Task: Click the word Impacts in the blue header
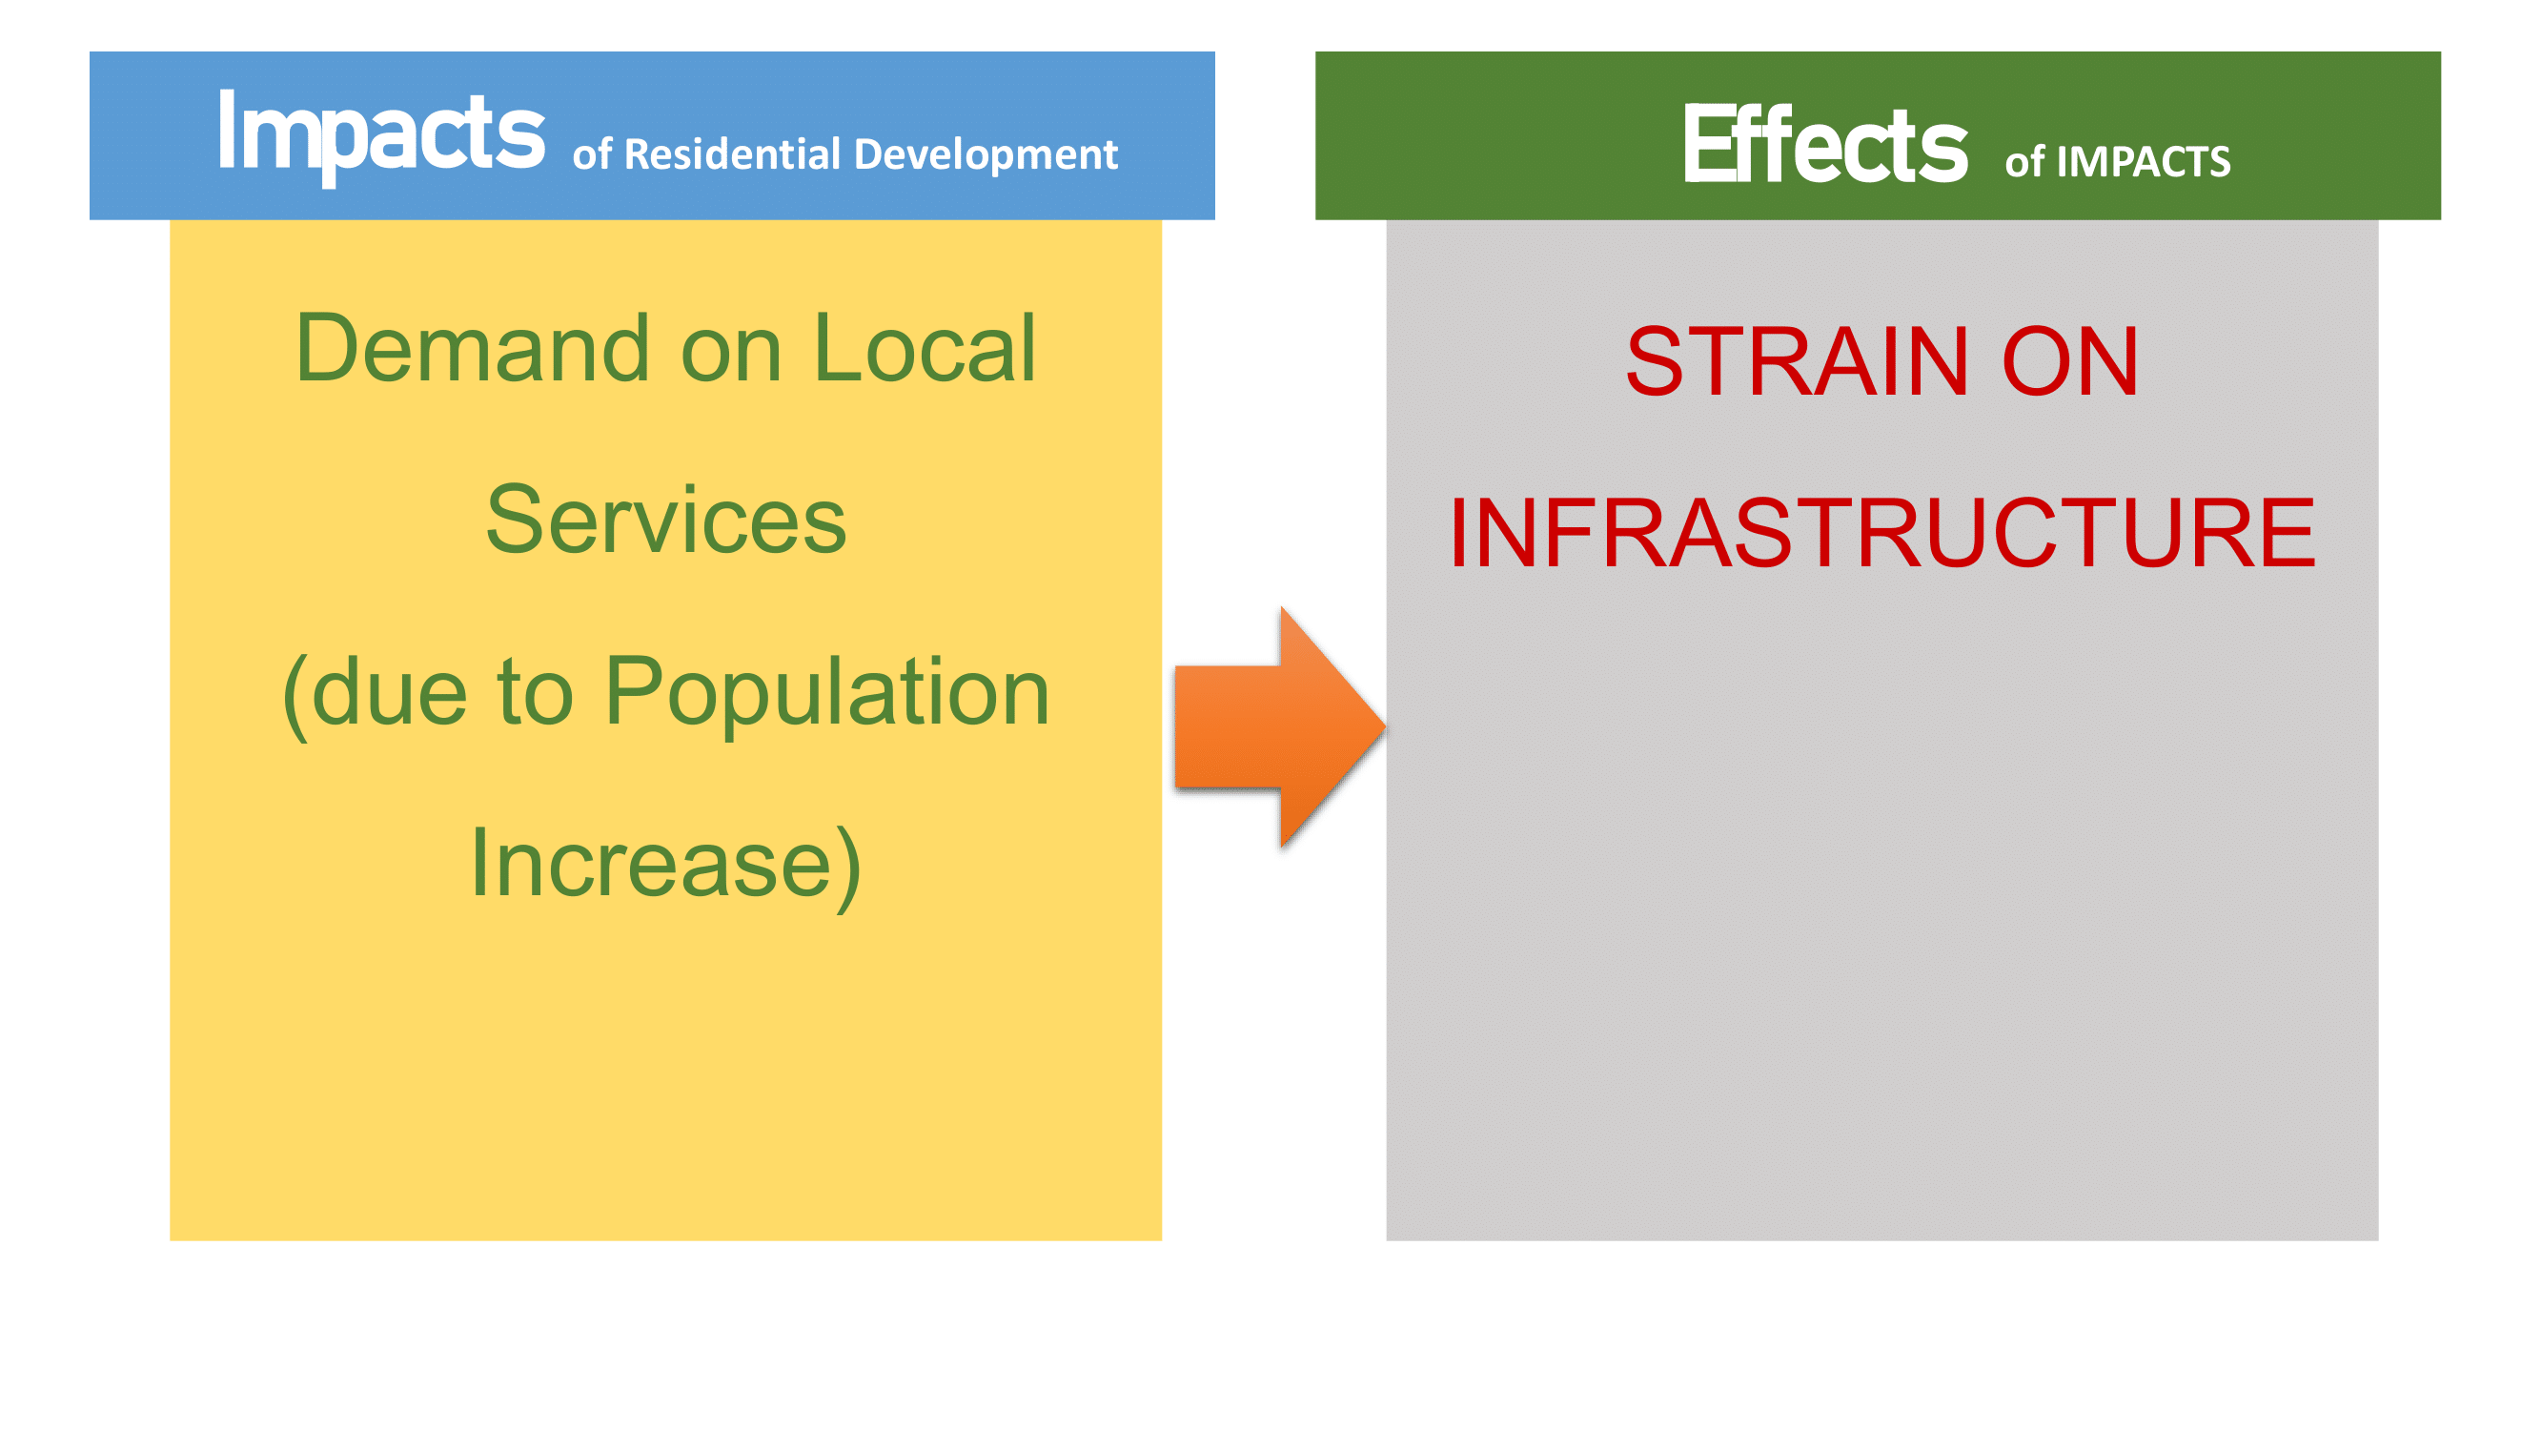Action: click(381, 136)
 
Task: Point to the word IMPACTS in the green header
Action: click(2144, 162)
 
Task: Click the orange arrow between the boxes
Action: click(1280, 727)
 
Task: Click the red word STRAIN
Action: click(1799, 362)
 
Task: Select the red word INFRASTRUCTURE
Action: click(1881, 533)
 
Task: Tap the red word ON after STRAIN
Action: click(2070, 362)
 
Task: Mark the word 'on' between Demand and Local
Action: click(731, 356)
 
